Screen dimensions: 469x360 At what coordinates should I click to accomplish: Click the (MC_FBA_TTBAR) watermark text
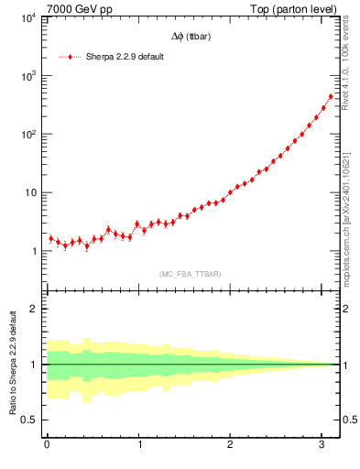(191, 273)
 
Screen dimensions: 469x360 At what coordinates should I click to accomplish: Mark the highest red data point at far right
(331, 96)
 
